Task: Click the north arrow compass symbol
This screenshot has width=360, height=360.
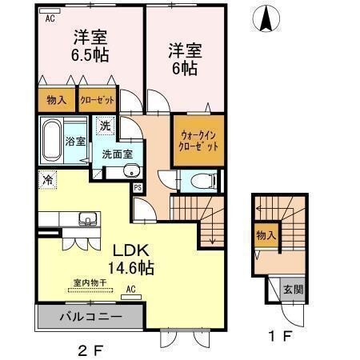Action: coord(266,17)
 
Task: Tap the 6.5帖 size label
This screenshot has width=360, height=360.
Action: coord(90,56)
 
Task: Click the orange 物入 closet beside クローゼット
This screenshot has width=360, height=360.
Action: coord(56,101)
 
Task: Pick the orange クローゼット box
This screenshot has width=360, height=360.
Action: coord(96,101)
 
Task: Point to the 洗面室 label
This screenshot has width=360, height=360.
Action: coord(116,154)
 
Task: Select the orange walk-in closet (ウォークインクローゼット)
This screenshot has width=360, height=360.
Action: coord(198,141)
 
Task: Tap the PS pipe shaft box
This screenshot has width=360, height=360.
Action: coord(138,188)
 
